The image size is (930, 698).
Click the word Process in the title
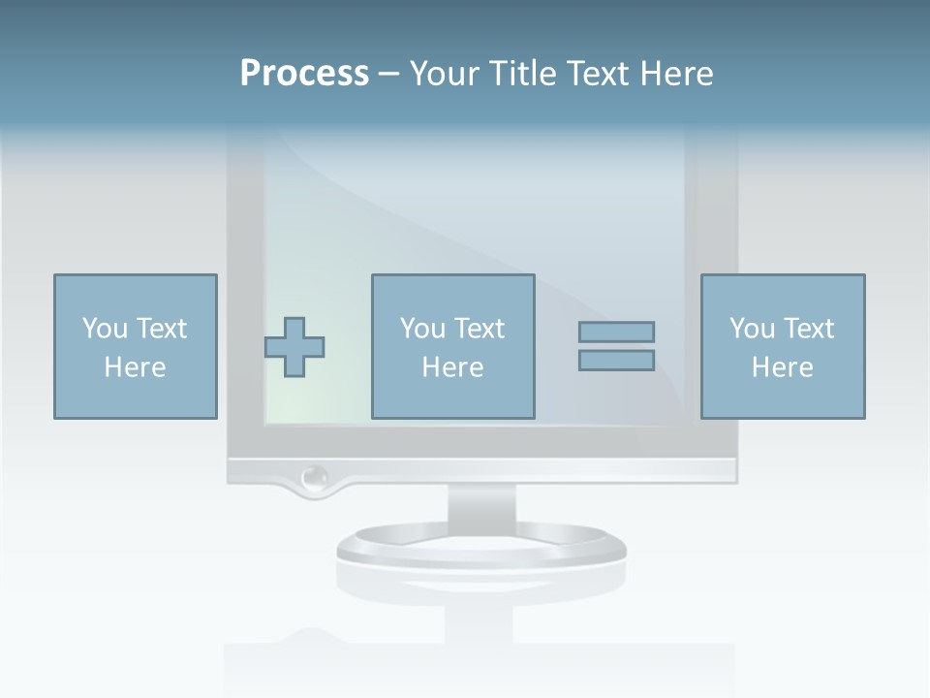pos(304,74)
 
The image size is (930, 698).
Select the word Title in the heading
pos(525,74)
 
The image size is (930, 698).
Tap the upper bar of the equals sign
pos(616,333)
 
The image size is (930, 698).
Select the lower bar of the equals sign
pos(616,361)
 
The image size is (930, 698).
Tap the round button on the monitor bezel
pos(314,477)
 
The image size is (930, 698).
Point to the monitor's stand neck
pos(481,504)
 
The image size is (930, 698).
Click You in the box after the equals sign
pos(752,330)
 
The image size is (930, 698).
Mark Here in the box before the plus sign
pos(135,367)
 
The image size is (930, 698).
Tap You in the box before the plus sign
pos(105,330)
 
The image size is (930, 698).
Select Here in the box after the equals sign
pos(783,367)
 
